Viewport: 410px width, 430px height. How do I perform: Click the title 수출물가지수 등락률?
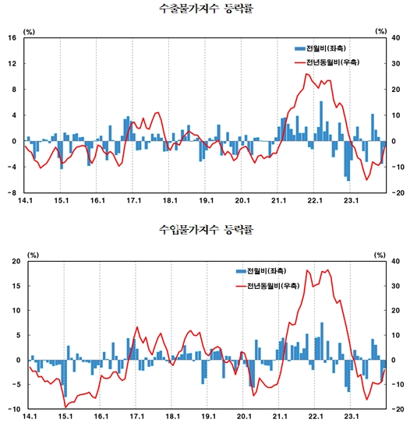coord(205,9)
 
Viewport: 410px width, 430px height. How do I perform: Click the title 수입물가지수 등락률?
coord(205,231)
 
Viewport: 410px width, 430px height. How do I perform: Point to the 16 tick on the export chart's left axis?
coord(13,38)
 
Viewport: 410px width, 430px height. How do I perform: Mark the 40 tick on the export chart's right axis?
coord(397,38)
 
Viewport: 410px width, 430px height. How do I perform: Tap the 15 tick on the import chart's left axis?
coord(13,286)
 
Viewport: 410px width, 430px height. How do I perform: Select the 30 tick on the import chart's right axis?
coord(397,286)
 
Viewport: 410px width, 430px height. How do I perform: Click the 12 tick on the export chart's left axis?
coord(13,64)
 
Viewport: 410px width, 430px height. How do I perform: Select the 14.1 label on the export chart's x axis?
coord(25,202)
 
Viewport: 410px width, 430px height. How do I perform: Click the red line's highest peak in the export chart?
coord(308,74)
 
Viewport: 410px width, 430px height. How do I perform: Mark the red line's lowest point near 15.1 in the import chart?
coord(65,407)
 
